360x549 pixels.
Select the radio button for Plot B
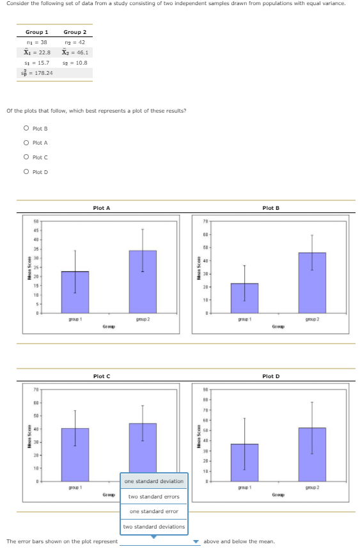click(26, 129)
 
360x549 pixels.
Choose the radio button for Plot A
click(26, 143)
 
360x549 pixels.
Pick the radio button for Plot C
click(26, 157)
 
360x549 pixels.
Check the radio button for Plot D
click(26, 171)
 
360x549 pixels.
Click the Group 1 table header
click(37, 32)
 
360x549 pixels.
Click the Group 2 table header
click(75, 32)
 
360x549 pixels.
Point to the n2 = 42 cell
click(75, 42)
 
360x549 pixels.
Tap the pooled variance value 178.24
click(38, 73)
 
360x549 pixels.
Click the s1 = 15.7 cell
click(37, 63)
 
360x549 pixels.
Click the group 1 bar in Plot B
click(244, 298)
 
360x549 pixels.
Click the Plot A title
click(102, 208)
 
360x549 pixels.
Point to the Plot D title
click(270, 376)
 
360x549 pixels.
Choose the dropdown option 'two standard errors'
click(153, 497)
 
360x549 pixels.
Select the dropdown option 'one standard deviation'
click(153, 481)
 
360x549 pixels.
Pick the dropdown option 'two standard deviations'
click(153, 527)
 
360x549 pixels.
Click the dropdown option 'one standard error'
click(153, 511)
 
